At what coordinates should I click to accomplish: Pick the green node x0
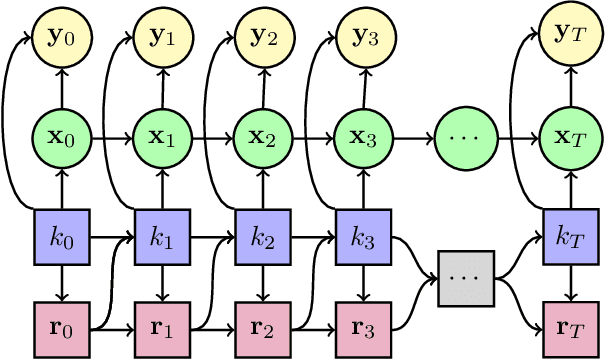(61, 136)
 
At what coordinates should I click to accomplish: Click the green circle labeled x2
(262, 136)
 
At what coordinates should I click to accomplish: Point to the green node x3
(362, 136)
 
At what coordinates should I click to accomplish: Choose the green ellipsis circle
(466, 136)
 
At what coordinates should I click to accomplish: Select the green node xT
(570, 136)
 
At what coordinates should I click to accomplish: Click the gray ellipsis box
(466, 276)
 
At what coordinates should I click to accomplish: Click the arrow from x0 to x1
(111, 136)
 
